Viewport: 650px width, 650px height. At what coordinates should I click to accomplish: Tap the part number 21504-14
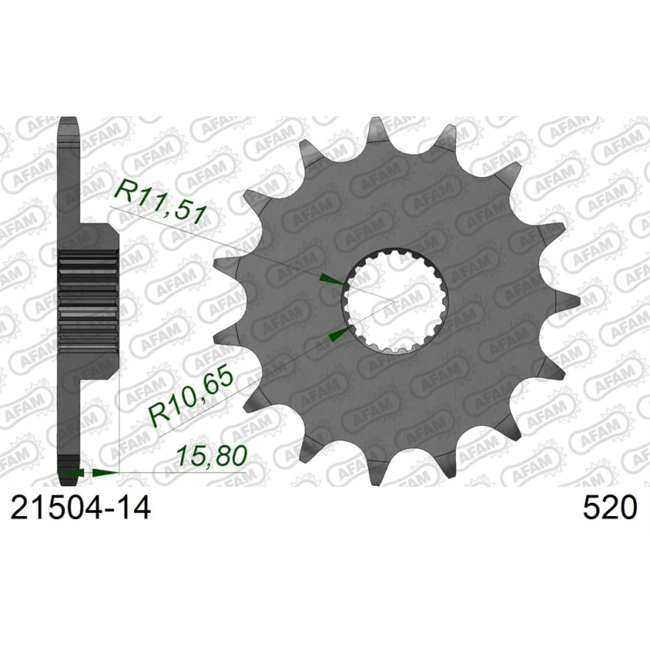pyautogui.click(x=80, y=509)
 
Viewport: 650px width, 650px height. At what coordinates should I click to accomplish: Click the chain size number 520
pyautogui.click(x=609, y=509)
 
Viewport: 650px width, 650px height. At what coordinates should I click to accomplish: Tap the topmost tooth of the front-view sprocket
pyautogui.click(x=378, y=132)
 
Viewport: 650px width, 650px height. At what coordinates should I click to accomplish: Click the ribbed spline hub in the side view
pyautogui.click(x=90, y=292)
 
